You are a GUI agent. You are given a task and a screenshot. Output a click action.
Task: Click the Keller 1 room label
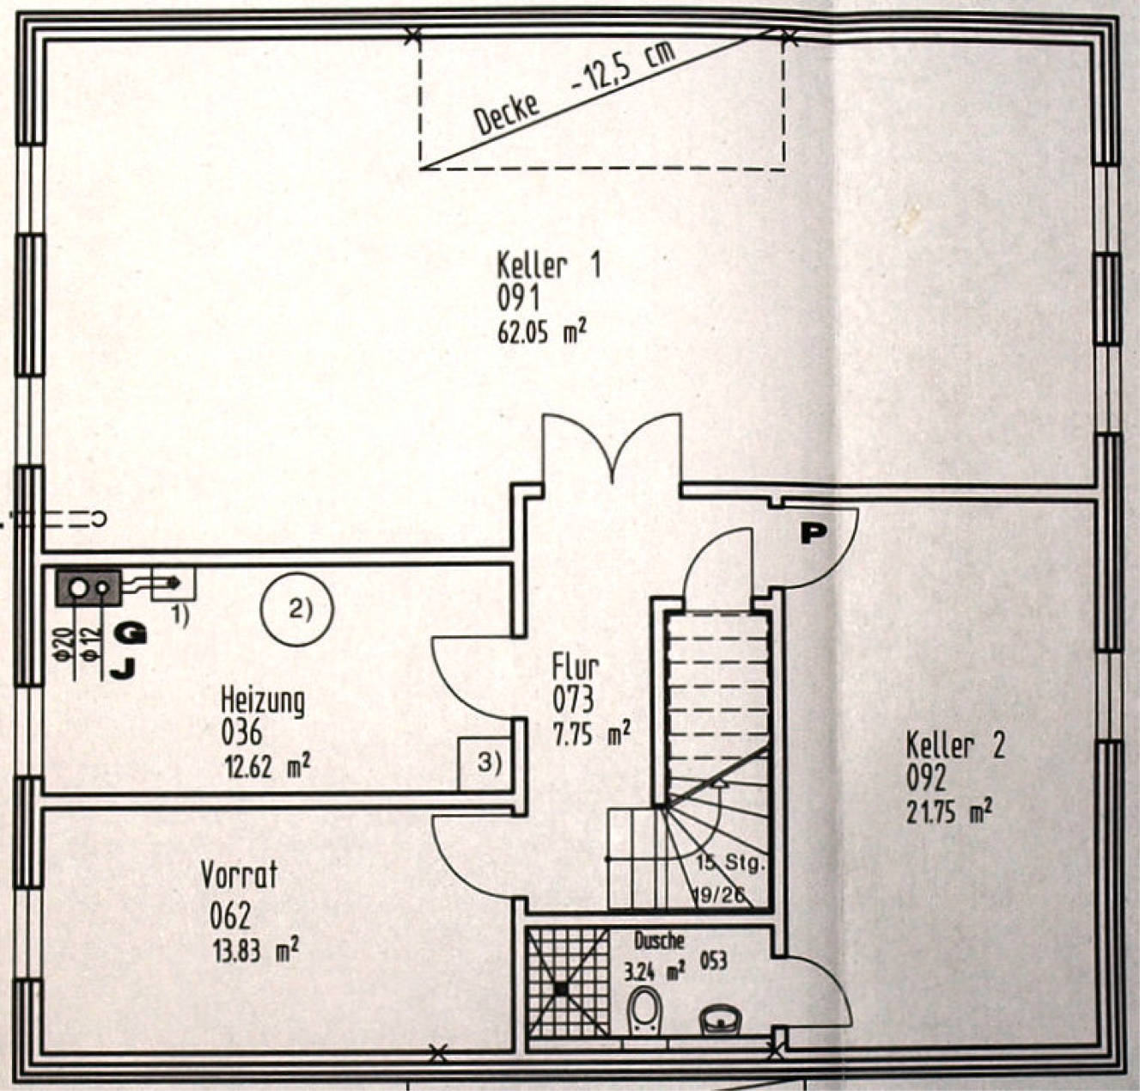coord(549,267)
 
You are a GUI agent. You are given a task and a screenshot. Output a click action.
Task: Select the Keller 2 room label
coord(955,746)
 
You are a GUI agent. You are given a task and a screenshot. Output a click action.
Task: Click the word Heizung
coord(263,701)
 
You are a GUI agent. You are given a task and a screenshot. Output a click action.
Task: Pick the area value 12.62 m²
coord(267,766)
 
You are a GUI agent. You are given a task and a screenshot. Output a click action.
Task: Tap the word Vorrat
coord(239,875)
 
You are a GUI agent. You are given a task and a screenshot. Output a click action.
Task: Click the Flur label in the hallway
coord(576,668)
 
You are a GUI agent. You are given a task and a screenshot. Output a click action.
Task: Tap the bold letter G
coord(130,634)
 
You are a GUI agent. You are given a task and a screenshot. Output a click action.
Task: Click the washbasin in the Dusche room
coord(720,1019)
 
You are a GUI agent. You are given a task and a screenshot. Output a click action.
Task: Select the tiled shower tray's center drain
coord(561,989)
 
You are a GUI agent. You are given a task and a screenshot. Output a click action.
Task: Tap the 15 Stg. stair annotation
coord(730,863)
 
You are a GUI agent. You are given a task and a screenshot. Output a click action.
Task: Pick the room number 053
coord(714,961)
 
